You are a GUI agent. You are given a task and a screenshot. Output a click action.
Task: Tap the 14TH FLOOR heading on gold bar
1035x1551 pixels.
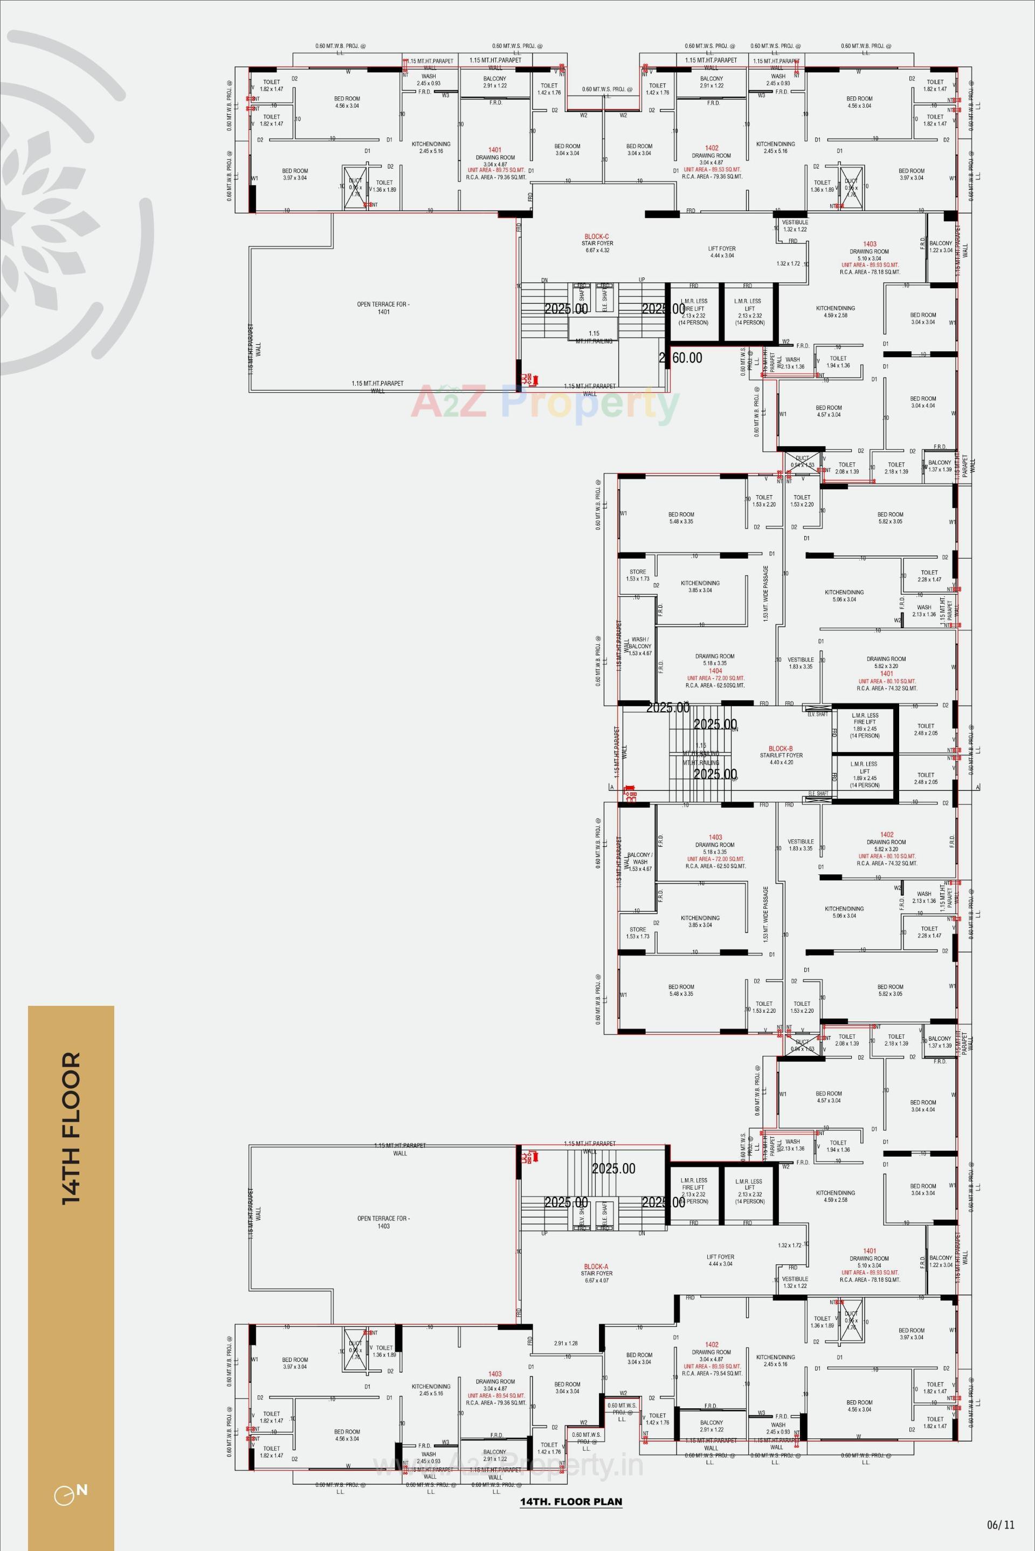[71, 1128]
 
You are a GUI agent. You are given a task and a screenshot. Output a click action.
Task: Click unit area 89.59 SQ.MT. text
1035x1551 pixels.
[712, 1366]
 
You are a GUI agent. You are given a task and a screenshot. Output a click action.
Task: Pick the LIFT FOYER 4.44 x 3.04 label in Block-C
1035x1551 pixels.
[722, 252]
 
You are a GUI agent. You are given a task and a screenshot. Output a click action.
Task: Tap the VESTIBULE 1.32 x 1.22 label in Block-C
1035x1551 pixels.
[795, 226]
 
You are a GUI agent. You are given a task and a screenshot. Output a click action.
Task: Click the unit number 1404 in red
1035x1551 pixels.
[715, 670]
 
